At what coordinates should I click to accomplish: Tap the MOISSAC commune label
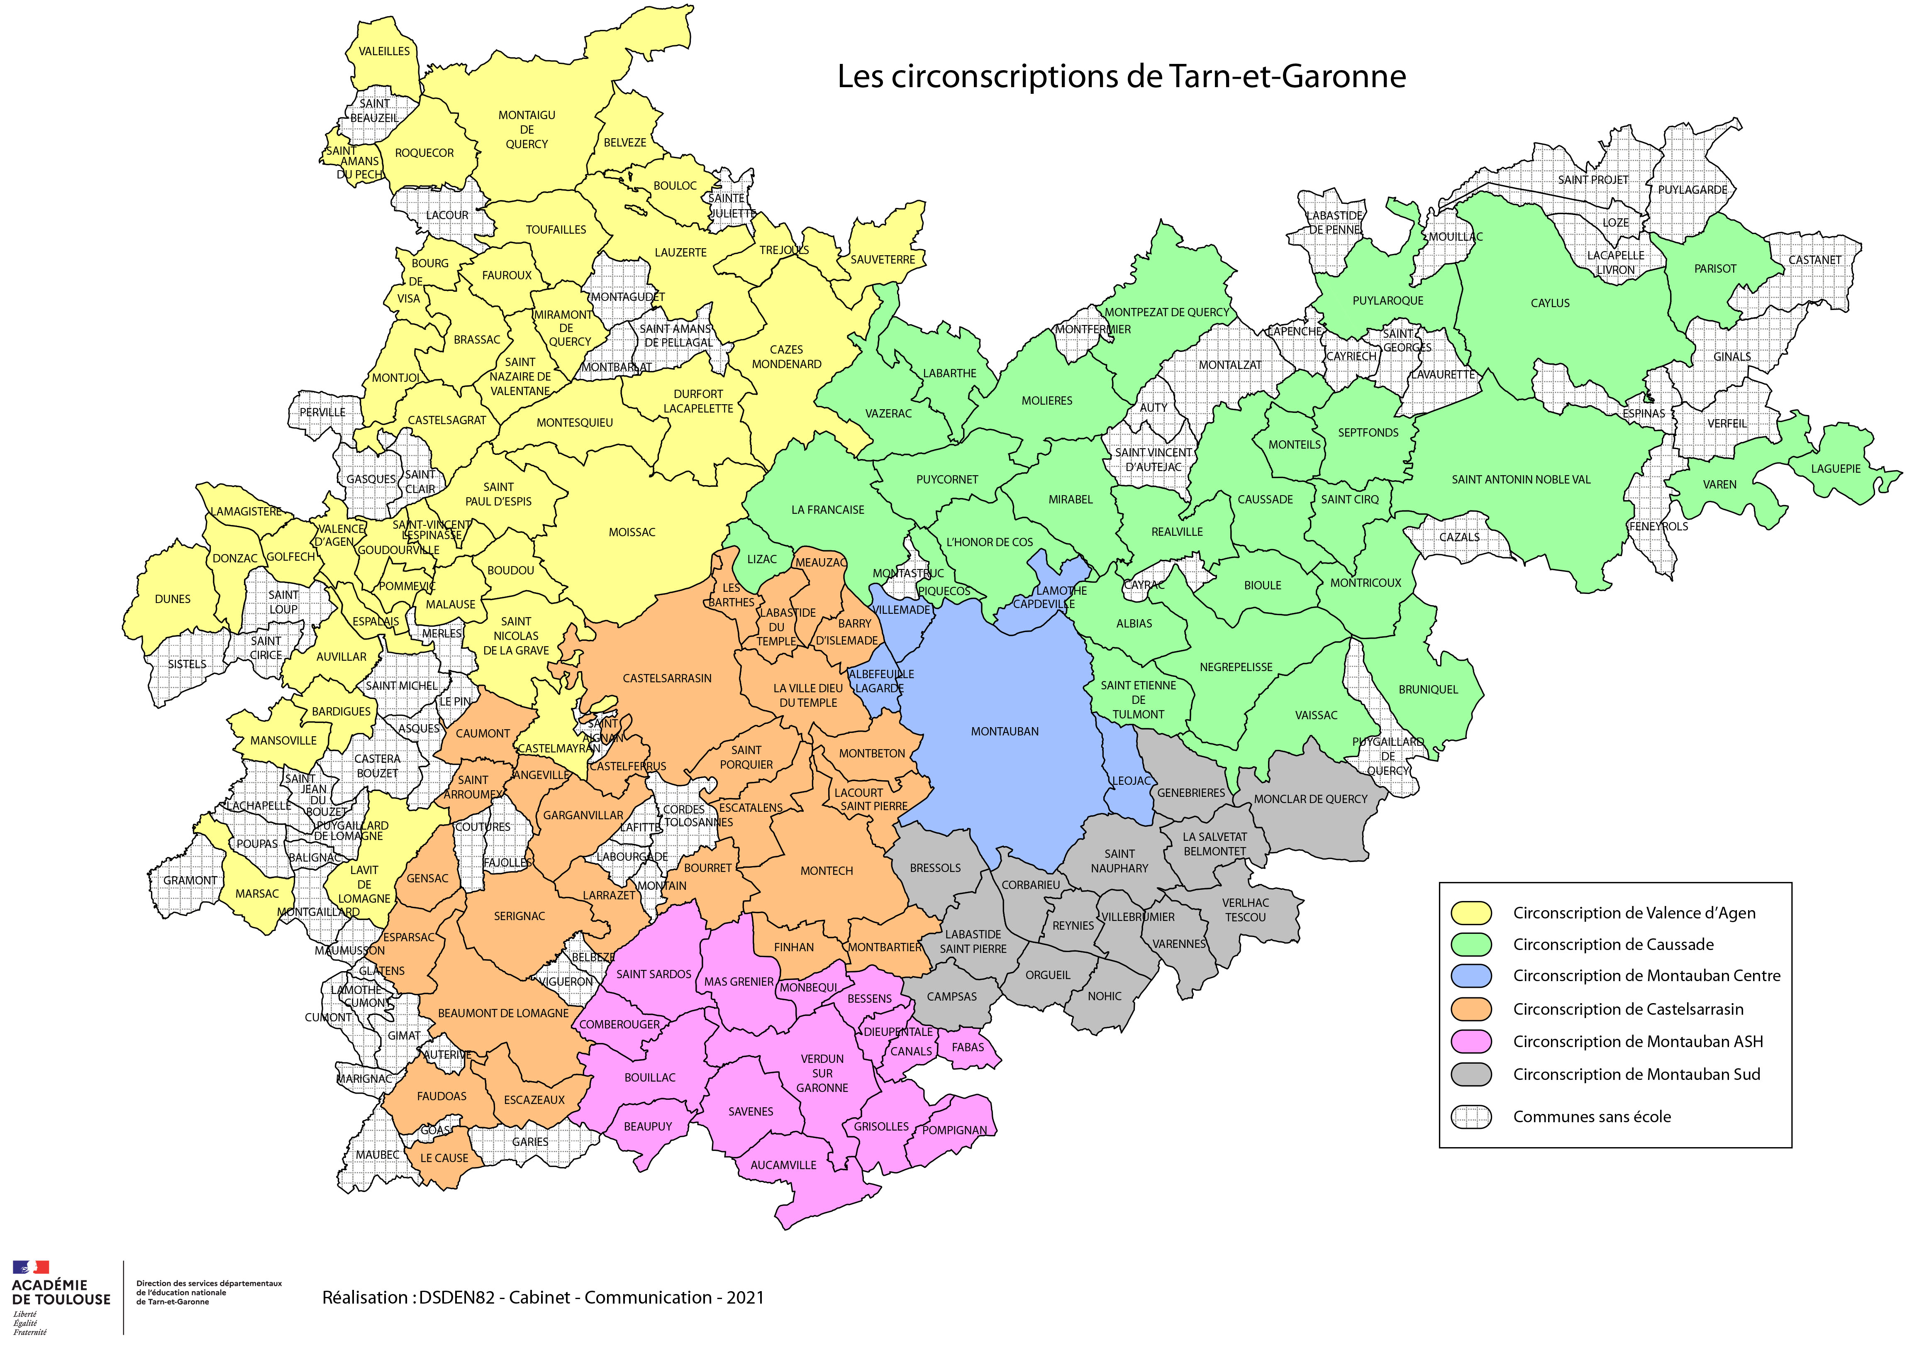click(x=632, y=532)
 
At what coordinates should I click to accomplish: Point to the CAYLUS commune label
click(x=1550, y=303)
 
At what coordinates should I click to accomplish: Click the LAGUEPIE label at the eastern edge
click(x=1836, y=469)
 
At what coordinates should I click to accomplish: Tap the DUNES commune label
click(x=173, y=599)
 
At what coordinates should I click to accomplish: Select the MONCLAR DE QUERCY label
click(x=1310, y=799)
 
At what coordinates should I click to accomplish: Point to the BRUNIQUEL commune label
click(x=1428, y=689)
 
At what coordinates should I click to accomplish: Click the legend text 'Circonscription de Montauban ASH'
click(x=1637, y=1042)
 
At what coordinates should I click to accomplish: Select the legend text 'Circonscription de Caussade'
click(x=1613, y=944)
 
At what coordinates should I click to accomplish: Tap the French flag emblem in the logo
click(x=31, y=1267)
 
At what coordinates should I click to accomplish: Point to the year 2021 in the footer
click(x=745, y=1297)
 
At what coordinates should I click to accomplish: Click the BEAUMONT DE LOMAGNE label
click(x=503, y=1013)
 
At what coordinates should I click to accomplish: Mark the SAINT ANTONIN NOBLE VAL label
click(x=1521, y=479)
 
